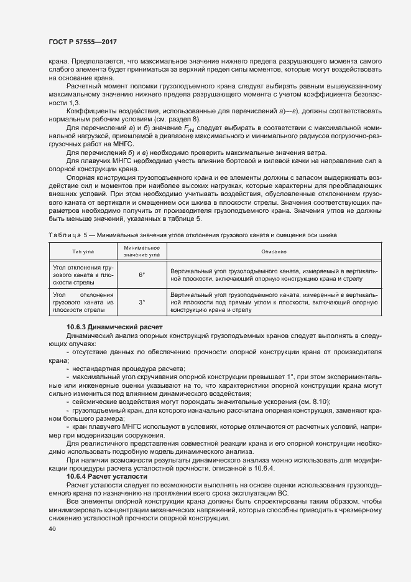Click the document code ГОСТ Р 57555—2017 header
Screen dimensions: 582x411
(x=82, y=42)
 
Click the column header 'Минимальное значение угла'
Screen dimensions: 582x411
(x=142, y=251)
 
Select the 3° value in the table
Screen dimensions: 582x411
(x=142, y=302)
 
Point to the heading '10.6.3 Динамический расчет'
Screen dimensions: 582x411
(x=114, y=327)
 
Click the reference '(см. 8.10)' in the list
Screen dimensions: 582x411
(x=315, y=402)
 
